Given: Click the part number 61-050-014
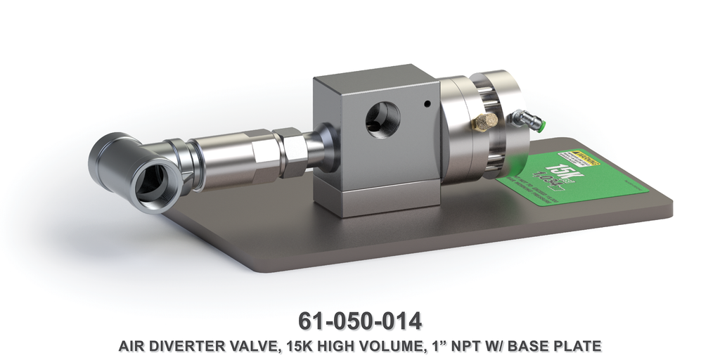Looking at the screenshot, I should pos(360,321).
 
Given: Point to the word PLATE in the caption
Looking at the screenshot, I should pos(583,346).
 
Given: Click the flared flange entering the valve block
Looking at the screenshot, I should pos(323,146).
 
